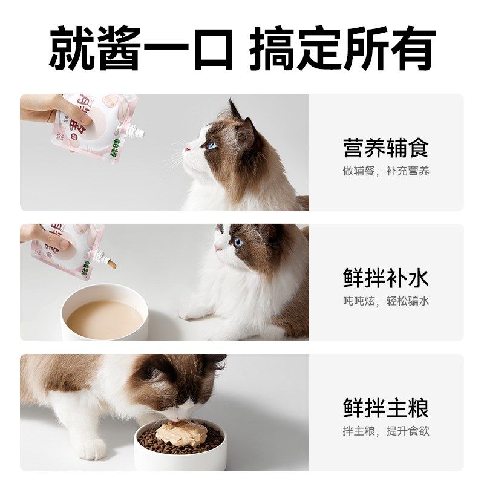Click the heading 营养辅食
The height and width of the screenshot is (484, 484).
pos(386,147)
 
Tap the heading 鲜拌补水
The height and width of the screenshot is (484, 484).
pos(386,278)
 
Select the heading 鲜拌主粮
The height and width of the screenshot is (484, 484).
pos(386,408)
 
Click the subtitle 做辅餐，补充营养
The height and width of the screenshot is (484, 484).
pos(386,171)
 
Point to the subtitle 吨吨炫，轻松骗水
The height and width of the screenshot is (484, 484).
pos(386,301)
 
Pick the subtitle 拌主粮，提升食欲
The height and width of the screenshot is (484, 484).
pos(386,431)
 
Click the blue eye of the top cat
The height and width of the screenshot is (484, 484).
pos(211,145)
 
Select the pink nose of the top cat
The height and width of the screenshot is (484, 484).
pos(187,148)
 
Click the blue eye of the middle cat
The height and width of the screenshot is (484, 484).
pos(237,242)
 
